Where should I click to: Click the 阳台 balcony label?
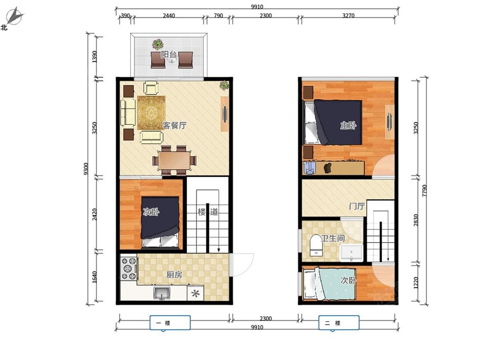pyautogui.click(x=169, y=55)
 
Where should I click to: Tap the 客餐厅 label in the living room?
pyautogui.click(x=175, y=125)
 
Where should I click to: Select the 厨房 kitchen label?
pyautogui.click(x=174, y=275)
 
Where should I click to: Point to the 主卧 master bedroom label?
pyautogui.click(x=348, y=125)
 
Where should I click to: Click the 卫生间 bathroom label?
pyautogui.click(x=333, y=238)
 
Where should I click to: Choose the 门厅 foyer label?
pyautogui.click(x=357, y=206)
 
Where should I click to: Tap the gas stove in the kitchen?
pyautogui.click(x=129, y=269)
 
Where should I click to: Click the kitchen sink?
pyautogui.click(x=162, y=293)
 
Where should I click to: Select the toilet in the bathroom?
pyautogui.click(x=316, y=245)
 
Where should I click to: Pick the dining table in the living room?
pyautogui.click(x=175, y=160)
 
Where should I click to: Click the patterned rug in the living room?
pyautogui.click(x=151, y=113)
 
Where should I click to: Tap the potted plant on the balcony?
pyautogui.click(x=157, y=44)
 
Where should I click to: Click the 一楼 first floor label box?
pyautogui.click(x=170, y=322)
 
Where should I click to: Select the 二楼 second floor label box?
pyautogui.click(x=339, y=322)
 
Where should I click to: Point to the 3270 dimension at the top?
pyautogui.click(x=348, y=16)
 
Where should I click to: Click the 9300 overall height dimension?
pyautogui.click(x=86, y=168)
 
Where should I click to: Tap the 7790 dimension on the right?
pyautogui.click(x=424, y=190)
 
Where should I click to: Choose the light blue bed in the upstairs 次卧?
pyautogui.click(x=329, y=284)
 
